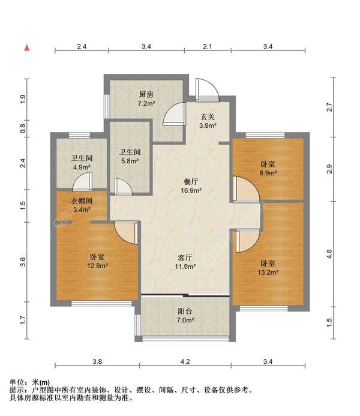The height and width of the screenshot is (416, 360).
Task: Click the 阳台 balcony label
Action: tap(185, 312)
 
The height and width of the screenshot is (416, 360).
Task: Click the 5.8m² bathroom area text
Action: tap(129, 161)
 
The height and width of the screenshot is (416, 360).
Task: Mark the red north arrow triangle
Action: tap(26, 47)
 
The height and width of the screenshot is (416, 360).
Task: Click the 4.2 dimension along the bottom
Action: tap(185, 361)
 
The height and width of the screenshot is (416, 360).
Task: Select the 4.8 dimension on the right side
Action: tap(329, 253)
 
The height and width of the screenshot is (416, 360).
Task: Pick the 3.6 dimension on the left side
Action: tap(22, 261)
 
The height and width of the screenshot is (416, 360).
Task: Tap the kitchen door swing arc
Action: tap(175, 113)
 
